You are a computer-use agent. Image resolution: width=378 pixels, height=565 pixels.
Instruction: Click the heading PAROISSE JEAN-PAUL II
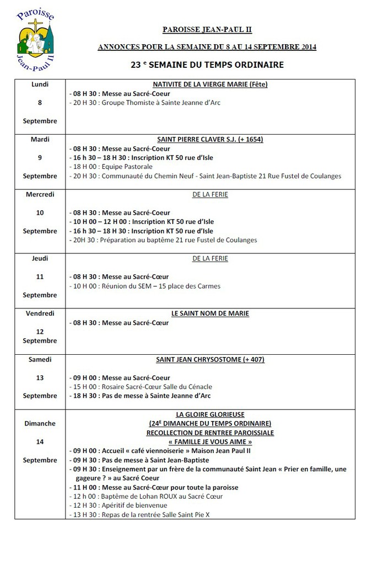(207, 30)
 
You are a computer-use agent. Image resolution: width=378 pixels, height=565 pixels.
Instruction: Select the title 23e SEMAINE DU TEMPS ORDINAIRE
(207, 65)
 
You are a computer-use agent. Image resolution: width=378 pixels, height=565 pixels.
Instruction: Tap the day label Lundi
(40, 84)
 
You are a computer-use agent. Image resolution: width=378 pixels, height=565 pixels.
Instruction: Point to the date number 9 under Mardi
(40, 158)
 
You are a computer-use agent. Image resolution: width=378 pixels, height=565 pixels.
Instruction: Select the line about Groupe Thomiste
(144, 103)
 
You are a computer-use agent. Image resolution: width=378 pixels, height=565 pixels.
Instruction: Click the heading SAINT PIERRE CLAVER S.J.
(210, 140)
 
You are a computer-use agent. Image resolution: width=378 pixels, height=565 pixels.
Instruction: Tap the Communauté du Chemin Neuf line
(204, 176)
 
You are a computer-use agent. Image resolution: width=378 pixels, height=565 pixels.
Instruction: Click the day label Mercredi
(40, 194)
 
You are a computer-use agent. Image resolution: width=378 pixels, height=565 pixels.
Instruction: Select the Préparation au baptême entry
(163, 240)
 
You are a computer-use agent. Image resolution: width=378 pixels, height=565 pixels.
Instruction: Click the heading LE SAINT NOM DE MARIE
(210, 313)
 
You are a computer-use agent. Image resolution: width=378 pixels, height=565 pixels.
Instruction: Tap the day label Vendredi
(40, 313)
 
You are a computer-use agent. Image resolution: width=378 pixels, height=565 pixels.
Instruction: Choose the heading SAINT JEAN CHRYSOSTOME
(210, 359)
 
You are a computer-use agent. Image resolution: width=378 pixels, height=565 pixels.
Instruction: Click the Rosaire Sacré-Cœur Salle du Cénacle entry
(141, 387)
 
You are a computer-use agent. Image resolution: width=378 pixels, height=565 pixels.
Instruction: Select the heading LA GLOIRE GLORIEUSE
(210, 414)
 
